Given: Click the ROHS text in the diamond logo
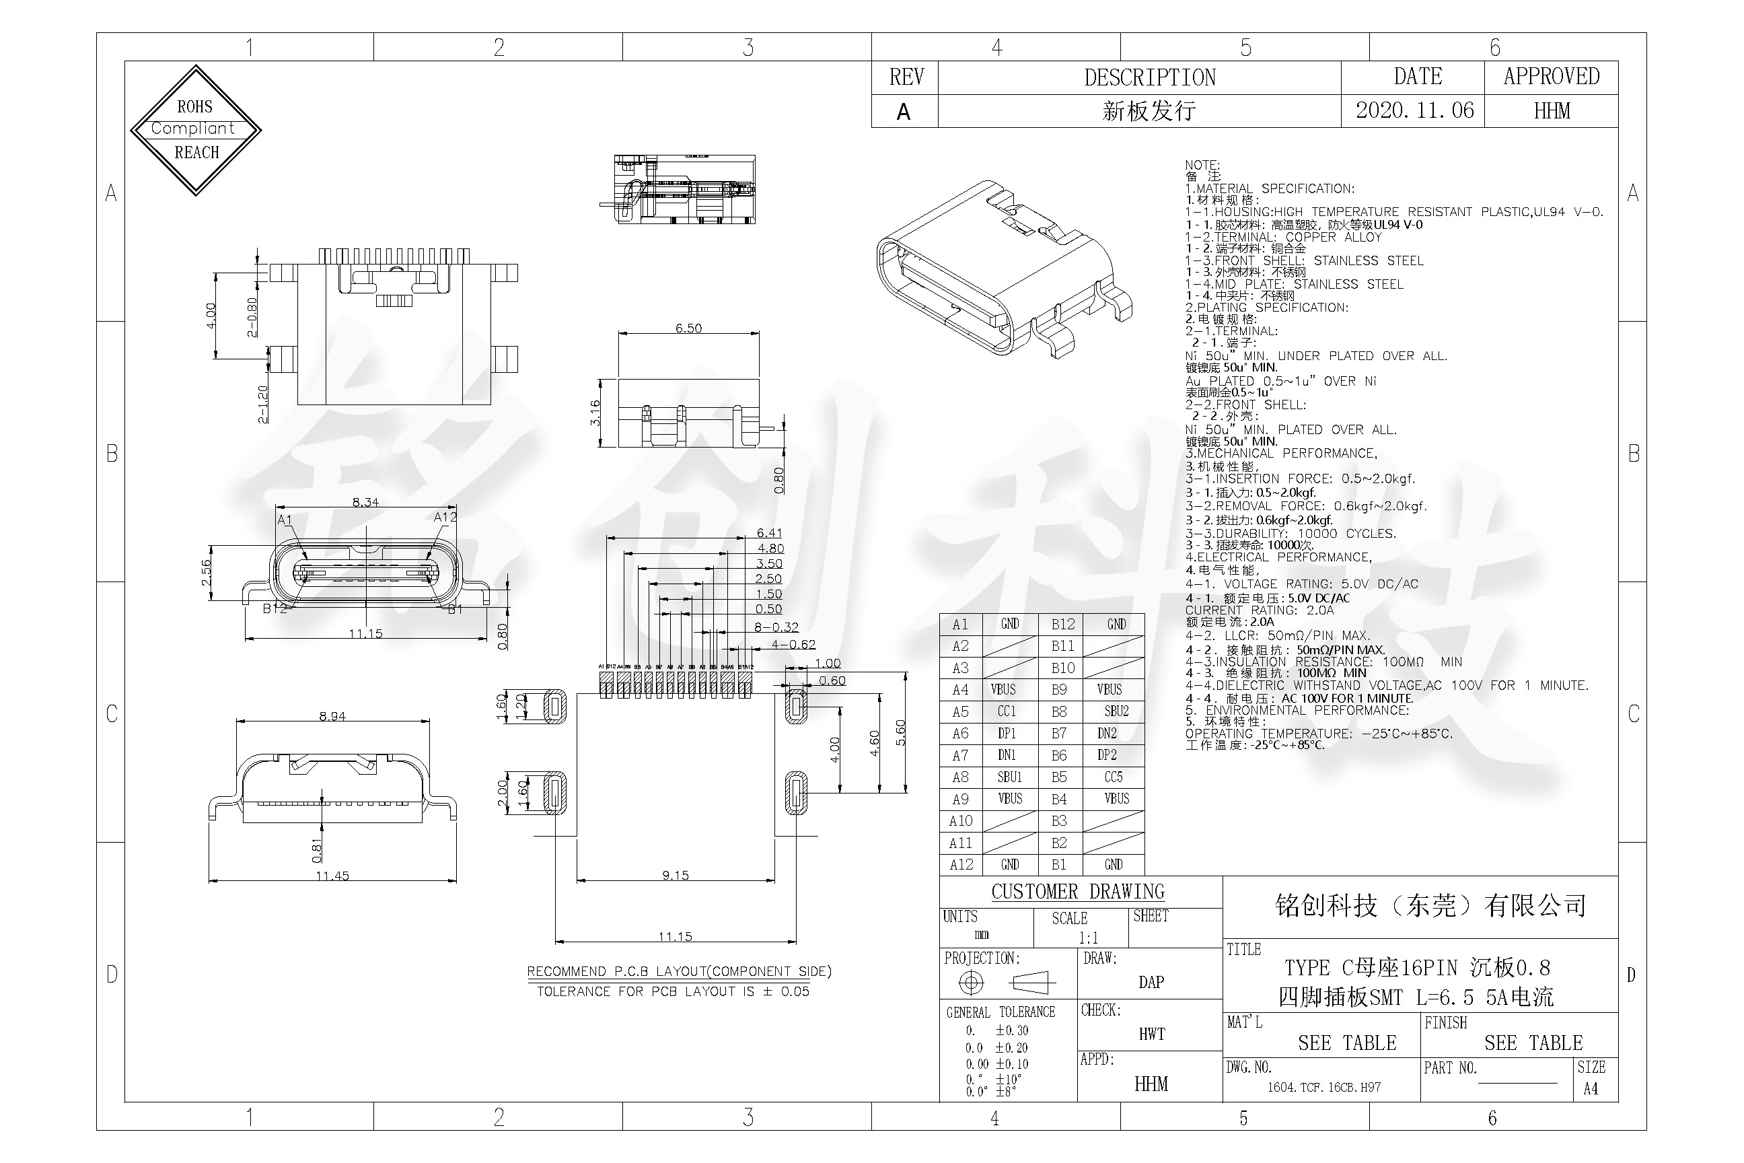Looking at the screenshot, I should pos(194,107).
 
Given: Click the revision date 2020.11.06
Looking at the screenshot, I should pos(1414,111).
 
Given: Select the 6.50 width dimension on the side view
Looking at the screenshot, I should pos(688,328).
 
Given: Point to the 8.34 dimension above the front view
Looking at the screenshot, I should pos(365,502).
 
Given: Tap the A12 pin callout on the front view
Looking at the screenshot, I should pos(445,517).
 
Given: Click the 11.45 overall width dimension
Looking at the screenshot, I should pos(332,876).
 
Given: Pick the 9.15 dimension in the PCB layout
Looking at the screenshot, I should pos(676,875).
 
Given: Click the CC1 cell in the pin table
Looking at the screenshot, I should pos(1006,711).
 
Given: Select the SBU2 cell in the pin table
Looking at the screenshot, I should pos(1116,711).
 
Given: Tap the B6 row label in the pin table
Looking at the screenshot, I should pos(1059,755).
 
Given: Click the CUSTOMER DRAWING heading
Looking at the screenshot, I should pos(1077,892).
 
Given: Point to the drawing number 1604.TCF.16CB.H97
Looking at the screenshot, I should pos(1323,1088).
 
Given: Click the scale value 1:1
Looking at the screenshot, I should pos(1088,938).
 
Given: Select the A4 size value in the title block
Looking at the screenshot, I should pos(1591,1089).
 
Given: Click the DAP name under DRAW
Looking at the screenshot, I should pos(1151,982).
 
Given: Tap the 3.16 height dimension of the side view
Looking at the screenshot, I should pos(595,413).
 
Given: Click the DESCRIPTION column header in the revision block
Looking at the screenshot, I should pos(1149,77).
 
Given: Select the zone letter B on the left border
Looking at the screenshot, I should pos(112,453).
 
